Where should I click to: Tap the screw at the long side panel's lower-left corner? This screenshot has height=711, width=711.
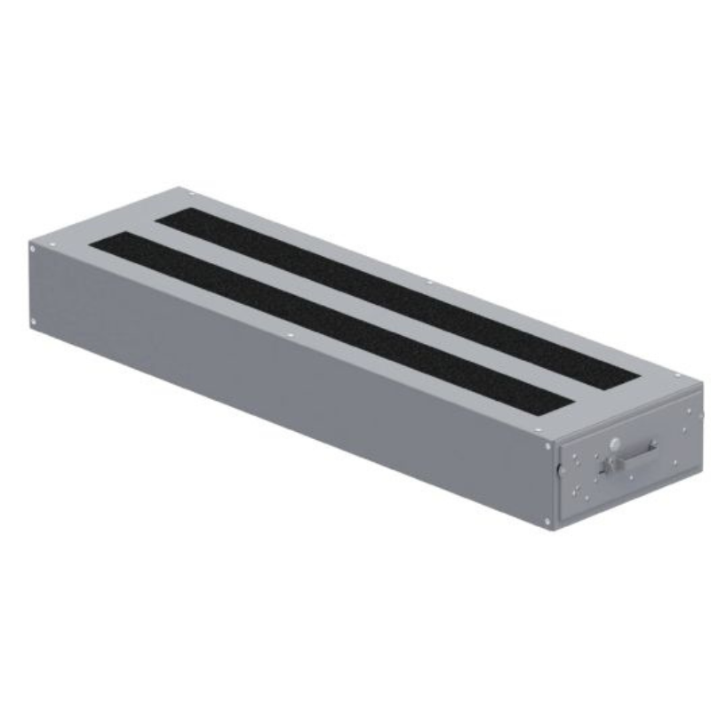(x=34, y=321)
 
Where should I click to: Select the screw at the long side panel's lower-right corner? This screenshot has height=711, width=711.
(x=547, y=518)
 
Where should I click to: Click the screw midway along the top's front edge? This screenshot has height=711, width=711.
(x=290, y=335)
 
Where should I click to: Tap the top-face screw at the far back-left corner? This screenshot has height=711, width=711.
(x=180, y=191)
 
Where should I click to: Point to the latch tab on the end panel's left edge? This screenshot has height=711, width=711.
(x=558, y=469)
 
